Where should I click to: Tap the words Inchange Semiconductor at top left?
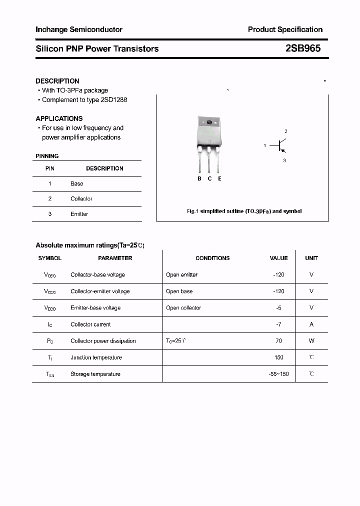(x=78, y=29)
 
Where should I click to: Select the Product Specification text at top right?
(x=285, y=29)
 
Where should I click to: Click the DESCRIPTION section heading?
(x=57, y=81)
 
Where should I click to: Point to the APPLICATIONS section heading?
(x=59, y=118)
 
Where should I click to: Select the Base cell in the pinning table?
(x=77, y=183)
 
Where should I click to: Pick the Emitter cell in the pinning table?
(x=79, y=214)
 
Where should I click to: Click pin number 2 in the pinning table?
(x=50, y=198)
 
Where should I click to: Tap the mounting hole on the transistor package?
(x=209, y=122)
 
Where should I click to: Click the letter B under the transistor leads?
(x=199, y=178)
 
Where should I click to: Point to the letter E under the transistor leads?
(x=219, y=178)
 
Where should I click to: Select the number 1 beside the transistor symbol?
(x=264, y=145)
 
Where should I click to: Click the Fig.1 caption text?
(x=244, y=211)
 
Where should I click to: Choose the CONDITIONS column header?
(x=212, y=258)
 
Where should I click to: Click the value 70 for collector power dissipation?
(x=278, y=341)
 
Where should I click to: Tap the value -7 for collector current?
(x=278, y=324)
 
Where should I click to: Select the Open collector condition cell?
(x=183, y=308)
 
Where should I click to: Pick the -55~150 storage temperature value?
(x=278, y=374)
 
